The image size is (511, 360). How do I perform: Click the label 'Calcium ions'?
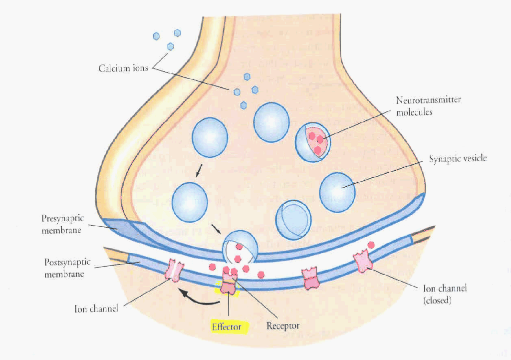pos(123,68)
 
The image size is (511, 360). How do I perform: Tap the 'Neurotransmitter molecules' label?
pos(428,106)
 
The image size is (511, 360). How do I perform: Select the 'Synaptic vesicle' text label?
pos(458,159)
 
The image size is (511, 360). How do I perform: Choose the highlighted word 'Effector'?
pos(226,327)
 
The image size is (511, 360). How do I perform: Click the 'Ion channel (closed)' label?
pos(445,294)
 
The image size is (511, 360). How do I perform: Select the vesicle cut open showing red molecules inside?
pos(313,141)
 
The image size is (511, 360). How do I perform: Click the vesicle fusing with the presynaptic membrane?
pos(240,247)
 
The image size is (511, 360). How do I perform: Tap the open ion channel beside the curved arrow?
pos(174,270)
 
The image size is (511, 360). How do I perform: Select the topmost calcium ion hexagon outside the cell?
pos(177,33)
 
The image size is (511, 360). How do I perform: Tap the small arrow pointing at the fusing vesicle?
pos(216,229)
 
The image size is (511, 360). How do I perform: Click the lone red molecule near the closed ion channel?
pos(371,245)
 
